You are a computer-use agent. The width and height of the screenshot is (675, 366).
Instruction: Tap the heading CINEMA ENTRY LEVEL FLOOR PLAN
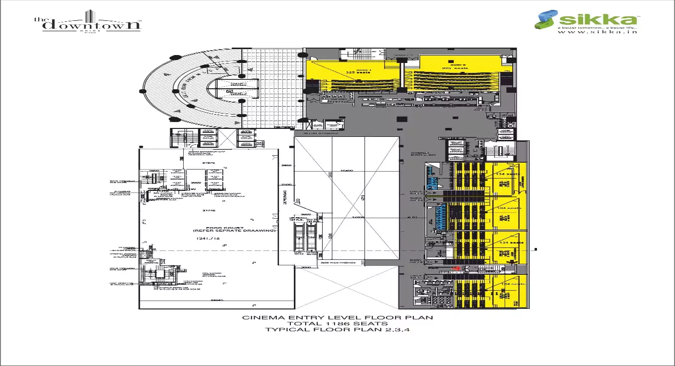point(337,317)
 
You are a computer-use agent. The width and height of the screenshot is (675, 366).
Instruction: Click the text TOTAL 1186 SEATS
point(337,323)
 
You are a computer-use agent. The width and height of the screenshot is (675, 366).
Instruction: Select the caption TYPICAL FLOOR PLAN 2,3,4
point(337,329)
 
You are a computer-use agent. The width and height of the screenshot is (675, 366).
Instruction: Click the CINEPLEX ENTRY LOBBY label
point(423,155)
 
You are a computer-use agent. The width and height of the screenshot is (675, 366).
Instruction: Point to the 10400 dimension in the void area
point(346,171)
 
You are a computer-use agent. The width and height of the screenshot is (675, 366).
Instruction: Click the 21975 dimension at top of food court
point(201,162)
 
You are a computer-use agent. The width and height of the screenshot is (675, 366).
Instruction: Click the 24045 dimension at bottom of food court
point(216,301)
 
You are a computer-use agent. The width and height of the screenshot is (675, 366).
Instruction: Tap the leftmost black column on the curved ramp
point(142,91)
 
